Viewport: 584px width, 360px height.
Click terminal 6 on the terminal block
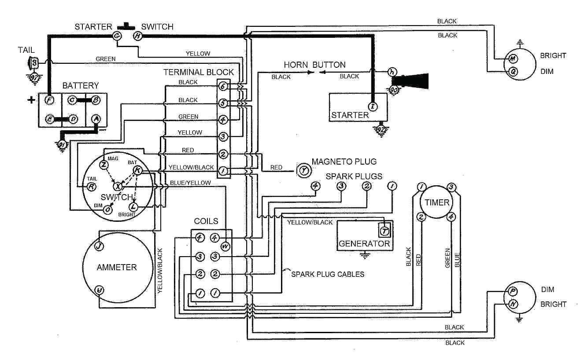click(x=223, y=87)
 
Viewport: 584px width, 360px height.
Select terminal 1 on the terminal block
click(x=223, y=172)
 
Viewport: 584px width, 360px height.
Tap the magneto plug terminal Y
click(x=303, y=169)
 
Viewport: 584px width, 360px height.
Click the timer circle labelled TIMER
click(x=437, y=203)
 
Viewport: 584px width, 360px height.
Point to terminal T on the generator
click(x=384, y=230)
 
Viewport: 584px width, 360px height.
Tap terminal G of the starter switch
click(x=118, y=37)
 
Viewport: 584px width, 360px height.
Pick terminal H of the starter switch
click(x=137, y=37)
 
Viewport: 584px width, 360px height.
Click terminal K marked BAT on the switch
click(x=137, y=170)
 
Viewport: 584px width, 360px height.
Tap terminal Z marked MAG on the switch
click(x=104, y=165)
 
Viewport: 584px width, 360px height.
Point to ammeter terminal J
click(x=100, y=246)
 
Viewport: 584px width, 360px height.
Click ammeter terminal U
click(x=100, y=290)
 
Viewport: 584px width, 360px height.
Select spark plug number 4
click(x=315, y=186)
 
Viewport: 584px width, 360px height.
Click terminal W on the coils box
click(x=225, y=246)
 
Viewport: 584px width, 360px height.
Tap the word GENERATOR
click(x=364, y=243)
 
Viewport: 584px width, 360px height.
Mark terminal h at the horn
click(x=392, y=72)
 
